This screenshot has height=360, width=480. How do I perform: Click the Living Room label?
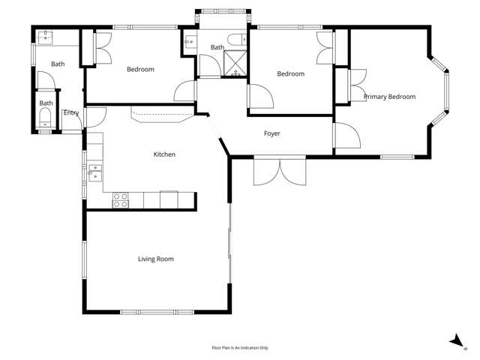pyautogui.click(x=155, y=259)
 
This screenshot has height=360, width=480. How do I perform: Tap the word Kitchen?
pyautogui.click(x=164, y=154)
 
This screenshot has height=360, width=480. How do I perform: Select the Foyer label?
pyautogui.click(x=271, y=134)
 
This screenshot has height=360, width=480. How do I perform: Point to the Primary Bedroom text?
pyautogui.click(x=389, y=97)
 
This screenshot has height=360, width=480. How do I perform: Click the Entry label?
pyautogui.click(x=71, y=113)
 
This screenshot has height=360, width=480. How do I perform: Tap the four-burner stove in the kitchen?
pyautogui.click(x=120, y=199)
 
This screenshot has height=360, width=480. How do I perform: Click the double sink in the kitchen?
pyautogui.click(x=94, y=172)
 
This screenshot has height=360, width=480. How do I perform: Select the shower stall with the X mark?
pyautogui.click(x=235, y=64)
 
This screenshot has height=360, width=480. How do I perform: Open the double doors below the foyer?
pyautogui.click(x=280, y=171)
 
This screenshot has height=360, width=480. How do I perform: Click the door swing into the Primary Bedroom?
pyautogui.click(x=346, y=135)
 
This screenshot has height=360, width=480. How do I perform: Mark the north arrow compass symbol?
pyautogui.click(x=456, y=341)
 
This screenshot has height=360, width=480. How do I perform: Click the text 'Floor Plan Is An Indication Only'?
pyautogui.click(x=240, y=348)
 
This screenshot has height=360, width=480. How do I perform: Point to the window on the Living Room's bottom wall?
pyautogui.click(x=156, y=311)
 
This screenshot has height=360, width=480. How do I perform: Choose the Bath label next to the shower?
pyautogui.click(x=217, y=48)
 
